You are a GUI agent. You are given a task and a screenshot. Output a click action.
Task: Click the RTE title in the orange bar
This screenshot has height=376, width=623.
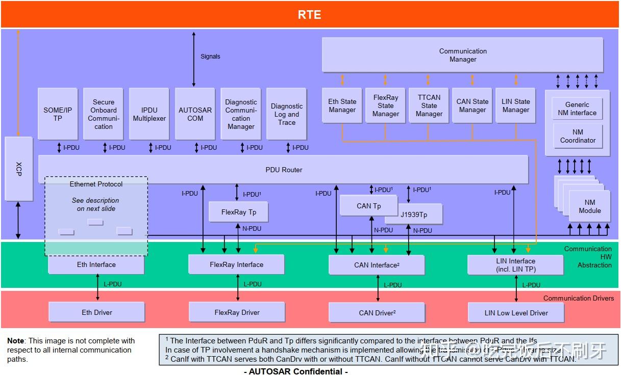(x=309, y=15)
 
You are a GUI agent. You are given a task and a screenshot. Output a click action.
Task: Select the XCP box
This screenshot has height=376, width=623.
(x=18, y=168)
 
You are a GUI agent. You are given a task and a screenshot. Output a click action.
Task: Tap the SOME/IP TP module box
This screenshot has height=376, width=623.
(x=58, y=114)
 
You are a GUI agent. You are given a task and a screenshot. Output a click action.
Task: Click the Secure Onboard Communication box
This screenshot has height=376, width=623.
(x=104, y=114)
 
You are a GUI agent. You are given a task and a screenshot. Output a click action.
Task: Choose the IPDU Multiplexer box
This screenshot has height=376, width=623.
(x=149, y=114)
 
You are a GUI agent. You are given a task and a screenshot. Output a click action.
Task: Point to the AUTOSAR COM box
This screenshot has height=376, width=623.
(x=195, y=114)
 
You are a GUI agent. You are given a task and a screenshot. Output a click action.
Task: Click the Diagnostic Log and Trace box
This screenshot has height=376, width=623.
(x=286, y=114)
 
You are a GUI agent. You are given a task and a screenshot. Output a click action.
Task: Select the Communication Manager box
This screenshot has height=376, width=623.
(x=462, y=55)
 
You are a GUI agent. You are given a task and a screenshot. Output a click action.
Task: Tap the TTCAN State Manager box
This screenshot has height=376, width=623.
(x=429, y=105)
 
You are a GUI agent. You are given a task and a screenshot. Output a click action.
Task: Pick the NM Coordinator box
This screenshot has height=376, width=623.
(x=578, y=136)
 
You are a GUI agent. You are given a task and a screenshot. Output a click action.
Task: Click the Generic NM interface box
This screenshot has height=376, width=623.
(x=577, y=109)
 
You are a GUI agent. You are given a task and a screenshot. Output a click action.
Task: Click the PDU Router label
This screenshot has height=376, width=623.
(x=284, y=170)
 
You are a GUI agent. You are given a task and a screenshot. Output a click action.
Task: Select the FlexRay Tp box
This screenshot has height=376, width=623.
(x=238, y=212)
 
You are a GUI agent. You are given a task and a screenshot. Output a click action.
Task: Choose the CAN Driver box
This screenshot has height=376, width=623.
(x=377, y=312)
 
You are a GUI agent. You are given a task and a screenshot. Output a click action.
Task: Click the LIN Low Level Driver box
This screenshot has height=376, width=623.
(x=516, y=312)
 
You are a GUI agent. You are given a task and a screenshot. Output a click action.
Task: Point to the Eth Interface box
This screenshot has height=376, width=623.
(x=96, y=265)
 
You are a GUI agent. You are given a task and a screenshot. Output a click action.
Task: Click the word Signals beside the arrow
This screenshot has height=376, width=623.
(x=210, y=57)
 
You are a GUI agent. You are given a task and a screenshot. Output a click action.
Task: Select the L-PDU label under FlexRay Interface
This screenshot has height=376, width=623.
(x=253, y=284)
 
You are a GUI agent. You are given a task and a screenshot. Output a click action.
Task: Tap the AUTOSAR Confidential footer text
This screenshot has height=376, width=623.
(x=296, y=371)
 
